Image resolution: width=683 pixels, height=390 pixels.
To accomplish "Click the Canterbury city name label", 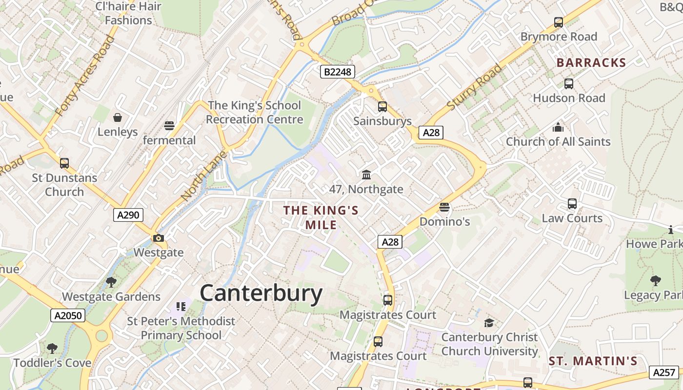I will [x=261, y=293].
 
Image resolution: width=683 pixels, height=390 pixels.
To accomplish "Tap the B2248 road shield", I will [x=337, y=72].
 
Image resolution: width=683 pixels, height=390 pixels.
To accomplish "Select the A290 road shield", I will [x=128, y=214].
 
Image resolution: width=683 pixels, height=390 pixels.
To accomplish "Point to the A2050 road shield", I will [x=68, y=315].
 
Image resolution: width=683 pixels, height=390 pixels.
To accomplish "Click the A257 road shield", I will [x=664, y=372].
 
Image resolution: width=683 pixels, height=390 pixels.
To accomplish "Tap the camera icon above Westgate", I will [x=159, y=238].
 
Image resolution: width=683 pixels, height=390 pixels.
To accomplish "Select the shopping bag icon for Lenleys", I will [x=118, y=117].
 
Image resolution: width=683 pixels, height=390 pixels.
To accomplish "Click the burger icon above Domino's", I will [x=444, y=207].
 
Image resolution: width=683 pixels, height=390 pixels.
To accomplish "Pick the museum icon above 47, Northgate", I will [x=366, y=175].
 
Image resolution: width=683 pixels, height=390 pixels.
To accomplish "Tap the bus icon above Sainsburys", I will [x=382, y=106].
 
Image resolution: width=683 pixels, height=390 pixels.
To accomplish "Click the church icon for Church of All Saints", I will [x=558, y=127].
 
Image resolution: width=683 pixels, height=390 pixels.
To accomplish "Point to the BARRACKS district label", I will [x=591, y=62].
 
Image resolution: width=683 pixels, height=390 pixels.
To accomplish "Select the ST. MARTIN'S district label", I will [x=593, y=361].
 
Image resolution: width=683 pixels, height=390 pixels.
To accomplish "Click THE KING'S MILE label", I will [x=321, y=217].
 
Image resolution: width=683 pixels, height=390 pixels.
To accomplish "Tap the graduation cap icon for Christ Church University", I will [x=489, y=323].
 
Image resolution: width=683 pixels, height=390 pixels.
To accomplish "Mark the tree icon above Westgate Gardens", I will [x=111, y=282].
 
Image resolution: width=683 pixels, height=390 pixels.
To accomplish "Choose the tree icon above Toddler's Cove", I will [x=52, y=349].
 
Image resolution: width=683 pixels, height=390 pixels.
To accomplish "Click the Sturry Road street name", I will [x=474, y=87].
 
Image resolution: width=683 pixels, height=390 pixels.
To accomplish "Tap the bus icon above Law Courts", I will [x=572, y=204].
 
